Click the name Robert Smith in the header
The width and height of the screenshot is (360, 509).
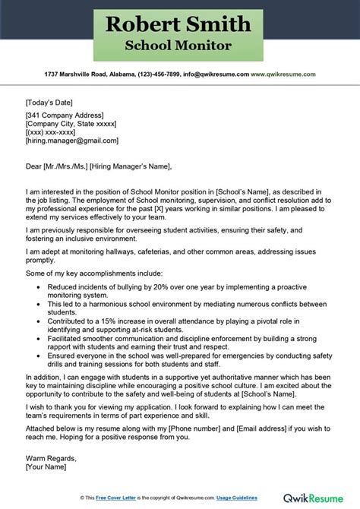(x=179, y=25)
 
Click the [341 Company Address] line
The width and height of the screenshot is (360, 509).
(x=65, y=115)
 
